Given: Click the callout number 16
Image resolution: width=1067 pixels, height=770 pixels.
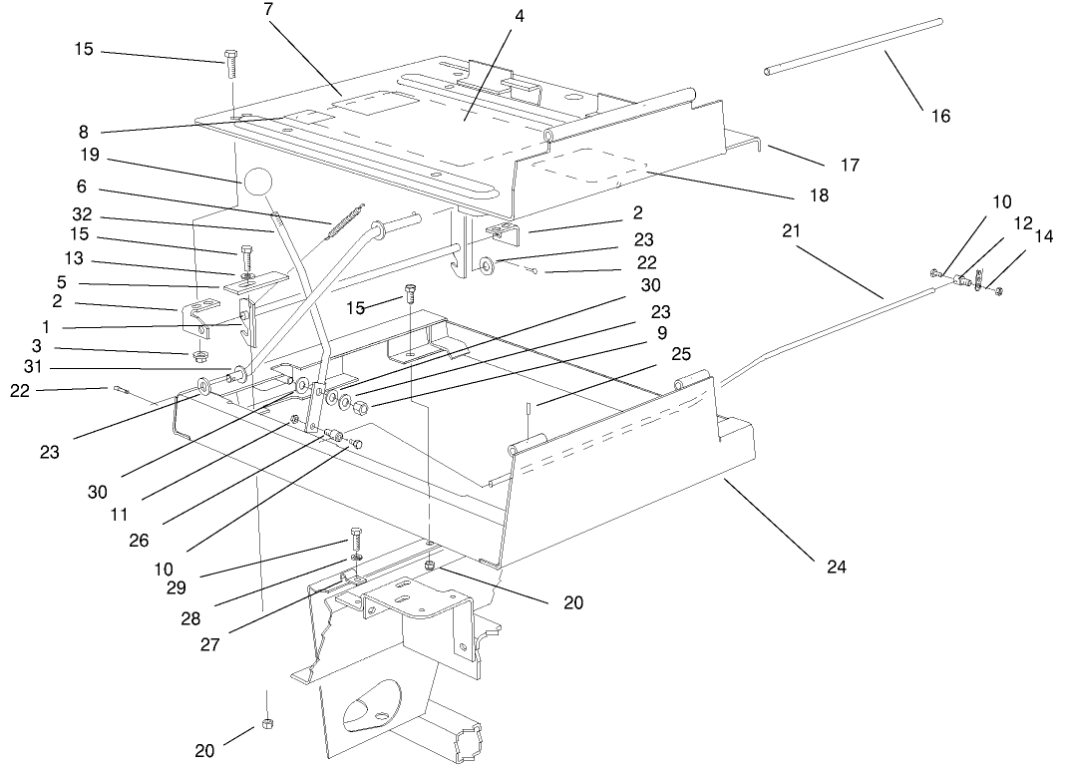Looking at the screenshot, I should coord(940,116).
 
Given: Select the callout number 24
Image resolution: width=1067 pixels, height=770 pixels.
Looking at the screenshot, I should coord(836,567).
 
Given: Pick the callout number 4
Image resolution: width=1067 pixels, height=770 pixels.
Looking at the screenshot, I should coord(520,16).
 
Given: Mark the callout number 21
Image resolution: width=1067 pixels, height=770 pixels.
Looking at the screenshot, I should coord(791,230).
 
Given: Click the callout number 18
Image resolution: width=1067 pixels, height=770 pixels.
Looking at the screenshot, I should coord(818,195).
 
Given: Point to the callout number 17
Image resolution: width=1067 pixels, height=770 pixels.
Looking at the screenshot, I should coord(850,165).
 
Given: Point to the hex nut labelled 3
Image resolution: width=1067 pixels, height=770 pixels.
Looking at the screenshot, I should coord(198,356).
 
